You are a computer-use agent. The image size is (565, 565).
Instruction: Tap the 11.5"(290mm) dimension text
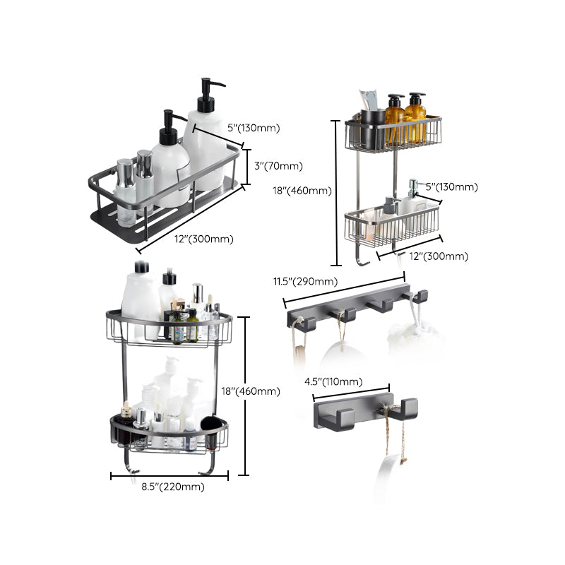click(305, 282)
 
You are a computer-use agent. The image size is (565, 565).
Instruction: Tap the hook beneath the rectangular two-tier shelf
click(360, 258)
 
